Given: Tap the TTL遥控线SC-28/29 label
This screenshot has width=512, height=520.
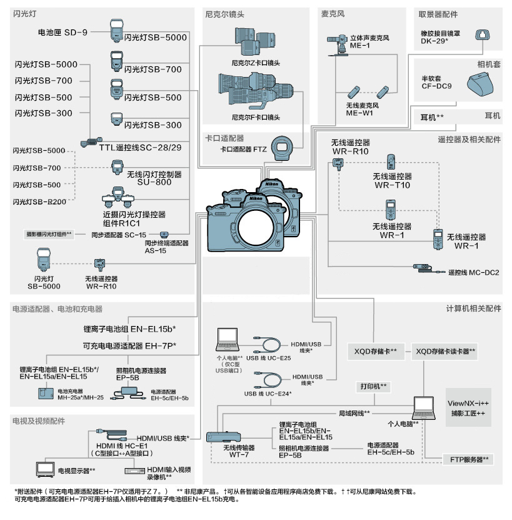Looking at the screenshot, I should coord(140,147).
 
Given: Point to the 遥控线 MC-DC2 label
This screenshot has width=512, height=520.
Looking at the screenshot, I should coord(473,272).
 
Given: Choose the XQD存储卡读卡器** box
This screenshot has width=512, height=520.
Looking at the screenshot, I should coord(446,351).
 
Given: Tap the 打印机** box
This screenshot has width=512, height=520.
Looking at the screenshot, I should coord(373,386).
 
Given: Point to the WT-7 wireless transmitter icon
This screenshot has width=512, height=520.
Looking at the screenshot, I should coord(223,436).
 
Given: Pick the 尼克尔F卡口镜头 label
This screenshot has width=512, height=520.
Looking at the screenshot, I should coord(256,117).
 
